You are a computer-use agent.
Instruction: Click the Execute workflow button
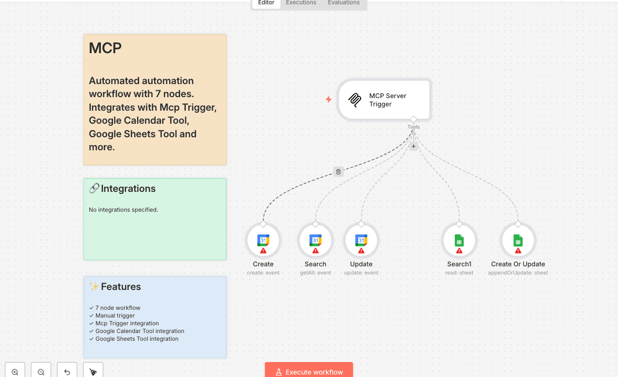(x=309, y=371)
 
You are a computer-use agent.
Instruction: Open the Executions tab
(x=301, y=3)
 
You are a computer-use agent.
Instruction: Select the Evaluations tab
(x=343, y=3)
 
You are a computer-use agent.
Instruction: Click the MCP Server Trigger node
(x=384, y=100)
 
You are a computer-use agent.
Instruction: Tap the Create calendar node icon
(x=263, y=240)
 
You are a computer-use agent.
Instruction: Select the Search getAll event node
(x=315, y=240)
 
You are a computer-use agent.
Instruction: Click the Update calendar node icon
(x=361, y=240)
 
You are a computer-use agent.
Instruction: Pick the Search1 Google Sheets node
(x=459, y=240)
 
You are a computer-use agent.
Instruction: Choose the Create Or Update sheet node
(x=518, y=240)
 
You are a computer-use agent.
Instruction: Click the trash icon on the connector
(x=338, y=172)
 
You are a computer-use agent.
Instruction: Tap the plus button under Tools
(x=413, y=146)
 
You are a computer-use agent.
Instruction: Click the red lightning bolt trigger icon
(x=328, y=100)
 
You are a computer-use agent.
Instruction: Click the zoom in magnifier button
(x=15, y=371)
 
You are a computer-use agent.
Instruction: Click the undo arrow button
(x=67, y=371)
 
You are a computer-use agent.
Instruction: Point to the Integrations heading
(x=128, y=188)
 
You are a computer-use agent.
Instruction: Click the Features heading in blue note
(x=121, y=287)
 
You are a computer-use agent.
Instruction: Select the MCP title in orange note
(x=105, y=48)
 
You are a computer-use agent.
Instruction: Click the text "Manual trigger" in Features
(x=115, y=316)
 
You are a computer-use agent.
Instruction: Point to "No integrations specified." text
(x=124, y=210)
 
